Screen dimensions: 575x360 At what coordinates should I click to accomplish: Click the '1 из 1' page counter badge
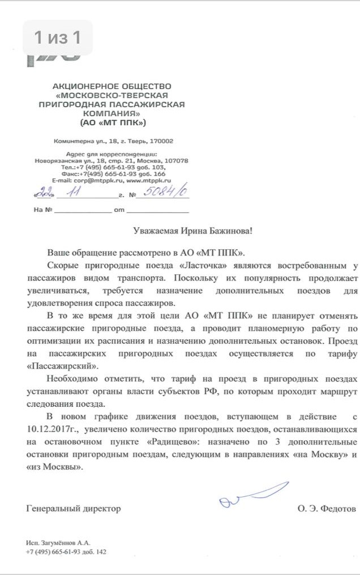coord(57,38)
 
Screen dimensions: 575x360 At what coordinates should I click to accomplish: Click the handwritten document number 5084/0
coord(166,193)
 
